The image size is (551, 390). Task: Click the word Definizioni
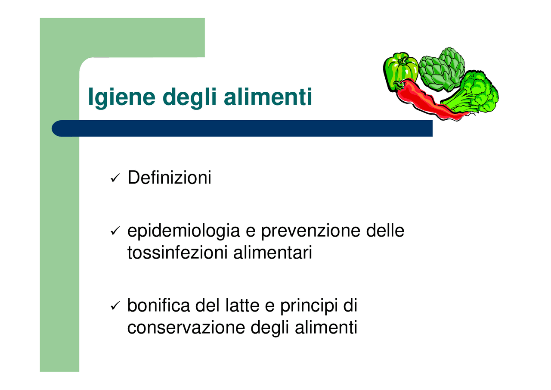pyautogui.click(x=169, y=178)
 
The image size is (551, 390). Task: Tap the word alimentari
pyautogui.click(x=272, y=253)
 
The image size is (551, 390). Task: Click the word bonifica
pyautogui.click(x=159, y=306)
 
